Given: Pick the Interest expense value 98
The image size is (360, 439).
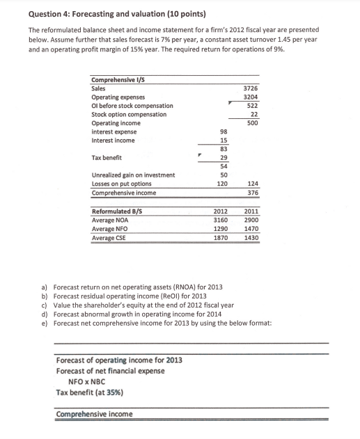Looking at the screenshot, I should (223, 131).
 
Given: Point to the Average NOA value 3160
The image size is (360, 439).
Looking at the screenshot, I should (220, 221).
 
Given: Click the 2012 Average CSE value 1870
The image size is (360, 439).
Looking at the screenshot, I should (220, 238).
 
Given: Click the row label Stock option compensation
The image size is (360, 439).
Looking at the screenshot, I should (129, 114).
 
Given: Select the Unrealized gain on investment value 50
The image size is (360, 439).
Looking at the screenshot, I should (223, 175).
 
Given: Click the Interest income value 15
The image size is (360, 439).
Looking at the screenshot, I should (223, 140).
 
